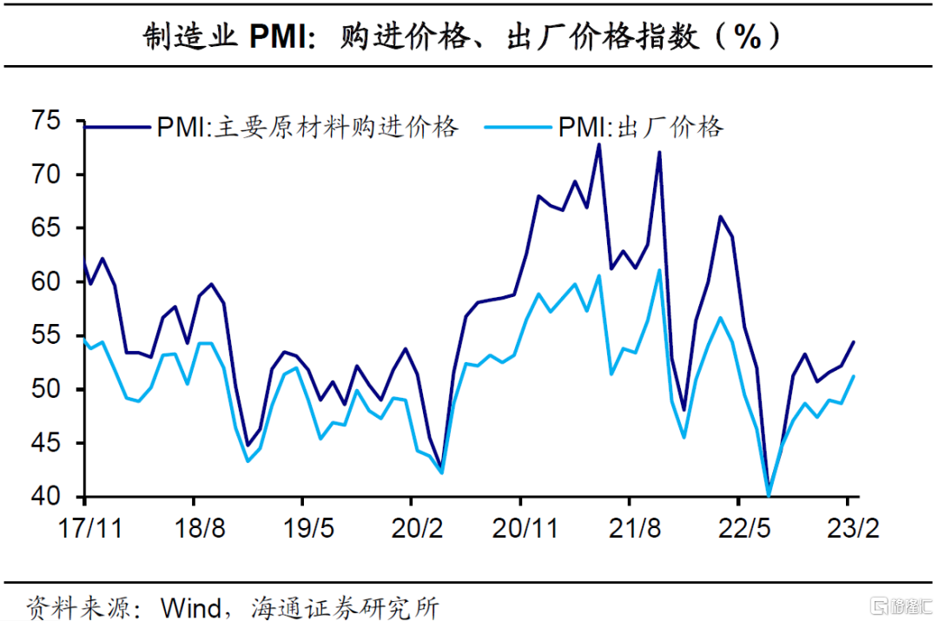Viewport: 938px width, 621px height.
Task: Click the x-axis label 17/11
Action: click(84, 528)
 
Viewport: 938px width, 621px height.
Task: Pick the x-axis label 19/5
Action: click(301, 528)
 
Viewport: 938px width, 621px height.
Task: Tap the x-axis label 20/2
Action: click(411, 528)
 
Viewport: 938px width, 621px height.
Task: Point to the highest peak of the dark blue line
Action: click(598, 144)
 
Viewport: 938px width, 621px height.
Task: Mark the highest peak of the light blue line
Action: click(658, 270)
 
